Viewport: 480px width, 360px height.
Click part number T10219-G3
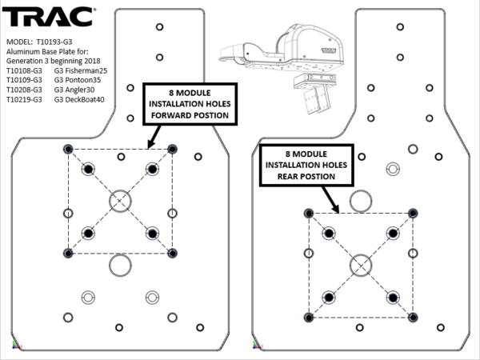24,101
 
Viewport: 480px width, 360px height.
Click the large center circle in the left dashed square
120,200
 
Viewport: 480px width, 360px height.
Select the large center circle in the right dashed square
361,264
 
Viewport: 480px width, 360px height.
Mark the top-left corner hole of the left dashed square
67,149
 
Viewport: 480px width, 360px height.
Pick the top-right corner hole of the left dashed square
173,149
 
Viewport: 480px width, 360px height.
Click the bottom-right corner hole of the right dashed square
413,317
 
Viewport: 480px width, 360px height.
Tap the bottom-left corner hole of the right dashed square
308,317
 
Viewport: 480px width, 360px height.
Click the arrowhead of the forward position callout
149,147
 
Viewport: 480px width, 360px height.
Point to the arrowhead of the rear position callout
339,211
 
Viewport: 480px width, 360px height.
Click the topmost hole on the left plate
160,27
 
